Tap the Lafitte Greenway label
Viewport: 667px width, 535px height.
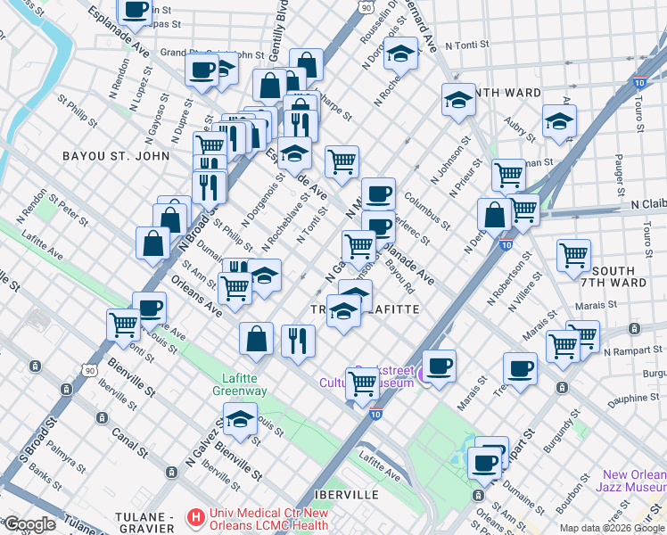(239, 384)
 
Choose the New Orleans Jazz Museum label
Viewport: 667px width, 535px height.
(633, 481)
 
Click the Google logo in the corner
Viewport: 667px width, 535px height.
(29, 524)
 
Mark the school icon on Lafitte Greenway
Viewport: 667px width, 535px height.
(240, 419)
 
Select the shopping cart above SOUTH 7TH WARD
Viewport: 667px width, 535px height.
(573, 254)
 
